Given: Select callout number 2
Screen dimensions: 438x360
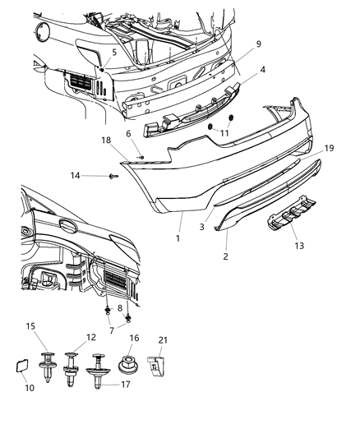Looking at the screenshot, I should click(x=226, y=257).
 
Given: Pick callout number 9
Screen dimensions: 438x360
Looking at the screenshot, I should click(x=235, y=43).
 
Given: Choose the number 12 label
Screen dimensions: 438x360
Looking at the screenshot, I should click(x=92, y=338).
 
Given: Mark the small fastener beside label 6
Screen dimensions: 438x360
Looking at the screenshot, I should click(x=141, y=156).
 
